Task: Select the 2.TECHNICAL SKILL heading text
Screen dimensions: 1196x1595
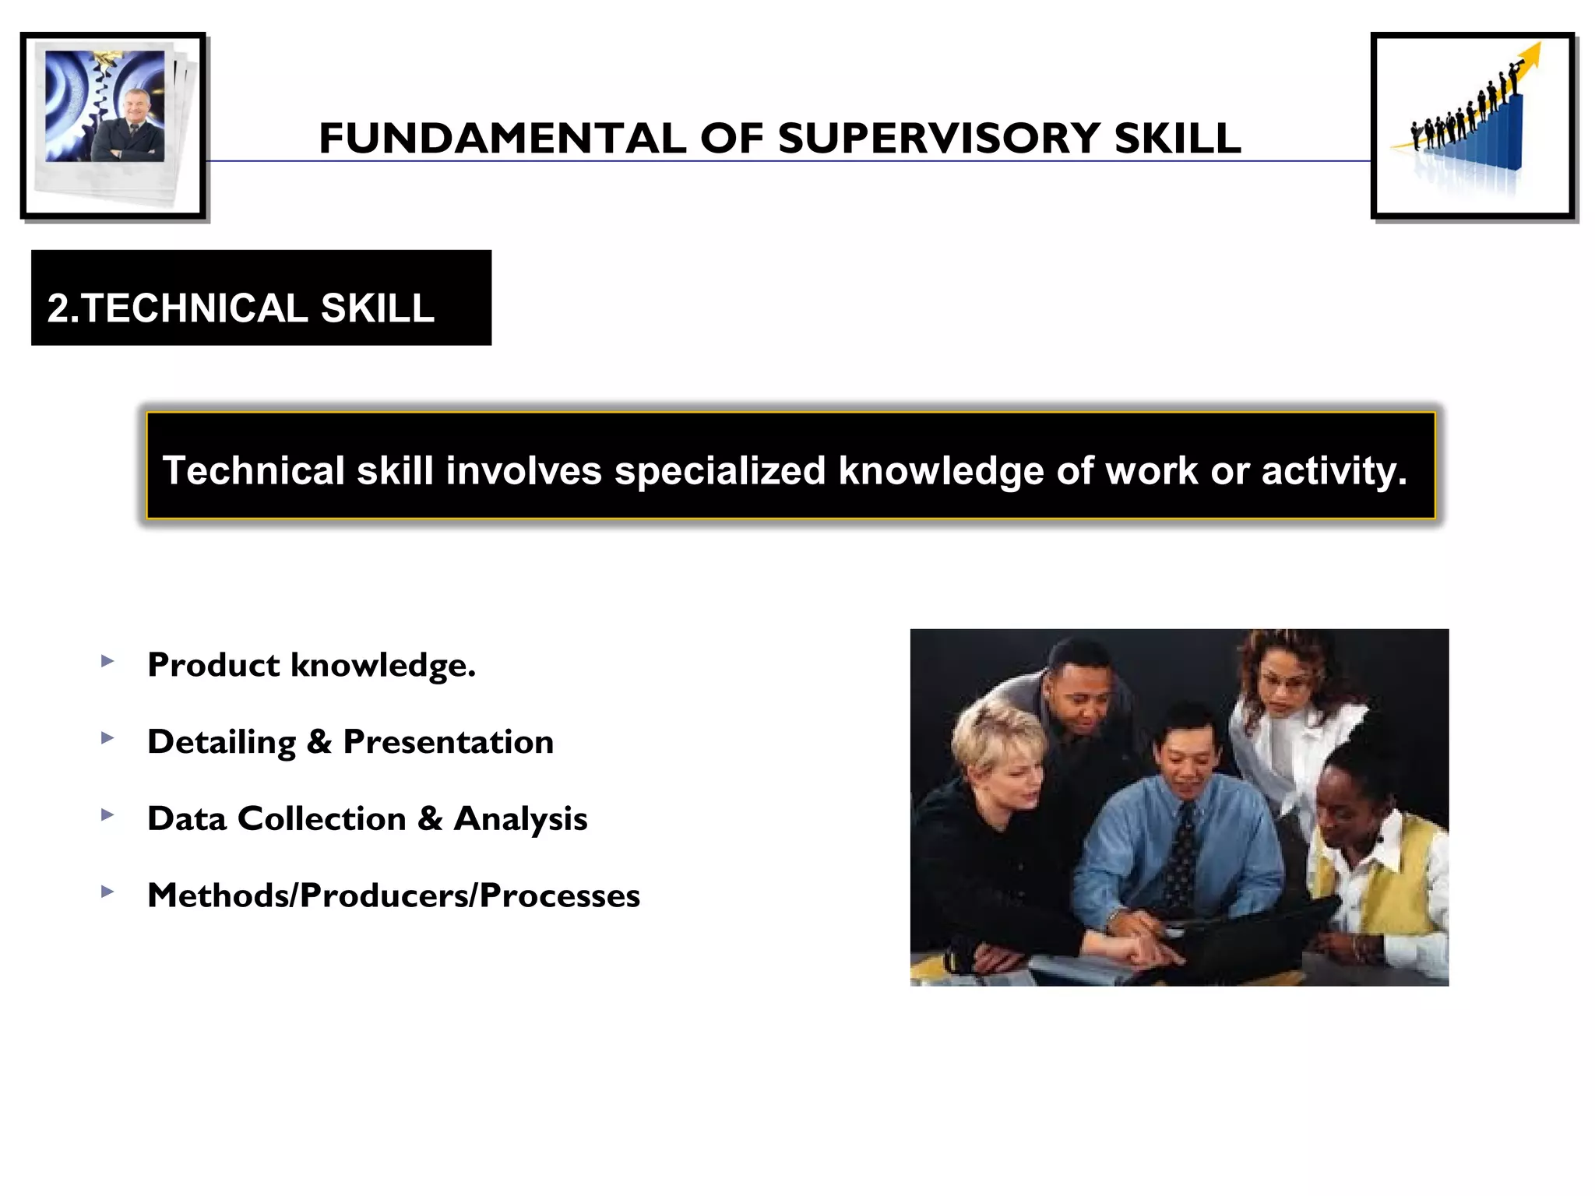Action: point(241,308)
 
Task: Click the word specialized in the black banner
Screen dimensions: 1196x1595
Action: point(720,471)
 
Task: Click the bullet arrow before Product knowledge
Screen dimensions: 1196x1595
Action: point(107,662)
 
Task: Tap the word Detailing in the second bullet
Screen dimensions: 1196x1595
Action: point(221,742)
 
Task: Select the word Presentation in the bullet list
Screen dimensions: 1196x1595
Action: point(449,742)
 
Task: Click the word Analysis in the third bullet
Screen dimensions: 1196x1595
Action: point(520,819)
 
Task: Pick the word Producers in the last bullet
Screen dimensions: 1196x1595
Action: point(387,895)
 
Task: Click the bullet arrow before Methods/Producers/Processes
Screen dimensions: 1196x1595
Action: point(107,892)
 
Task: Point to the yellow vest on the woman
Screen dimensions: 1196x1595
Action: point(1394,872)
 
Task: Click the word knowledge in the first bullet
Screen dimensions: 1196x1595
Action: point(382,666)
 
